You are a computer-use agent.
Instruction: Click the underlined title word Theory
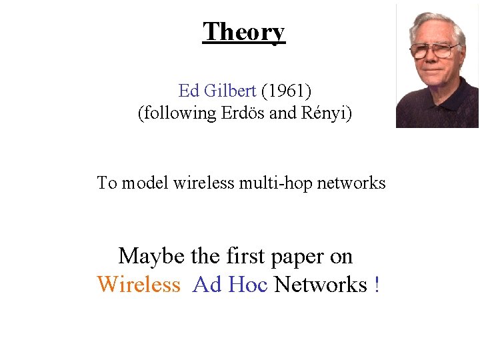pos(244,31)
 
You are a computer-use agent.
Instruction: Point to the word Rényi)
pos(327,113)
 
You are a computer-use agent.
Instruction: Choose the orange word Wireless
pos(139,285)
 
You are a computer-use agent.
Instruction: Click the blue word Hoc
pos(247,285)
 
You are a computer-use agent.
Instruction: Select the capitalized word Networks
pos(321,285)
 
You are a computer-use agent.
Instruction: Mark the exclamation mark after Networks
pos(377,285)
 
